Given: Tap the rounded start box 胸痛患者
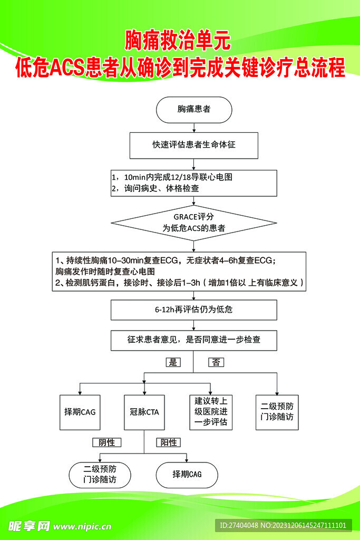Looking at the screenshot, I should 194,109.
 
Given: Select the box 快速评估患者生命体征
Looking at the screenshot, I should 194,144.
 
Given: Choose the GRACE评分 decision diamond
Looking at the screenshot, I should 194,223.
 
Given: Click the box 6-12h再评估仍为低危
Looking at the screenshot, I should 194,310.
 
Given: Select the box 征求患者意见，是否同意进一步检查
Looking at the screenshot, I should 194,340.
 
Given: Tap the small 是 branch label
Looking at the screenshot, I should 172,362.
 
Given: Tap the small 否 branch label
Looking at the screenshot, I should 216,362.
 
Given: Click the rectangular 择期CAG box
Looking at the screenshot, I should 80,412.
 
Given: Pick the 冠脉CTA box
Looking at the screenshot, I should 144,412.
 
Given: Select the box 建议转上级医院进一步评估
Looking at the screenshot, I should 210,412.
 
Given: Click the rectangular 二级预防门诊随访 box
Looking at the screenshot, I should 277,412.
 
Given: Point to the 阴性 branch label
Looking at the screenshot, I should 107,442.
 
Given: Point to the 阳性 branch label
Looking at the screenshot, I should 169,442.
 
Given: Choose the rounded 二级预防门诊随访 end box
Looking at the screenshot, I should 100,475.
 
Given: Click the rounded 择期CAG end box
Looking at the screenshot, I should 187,475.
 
